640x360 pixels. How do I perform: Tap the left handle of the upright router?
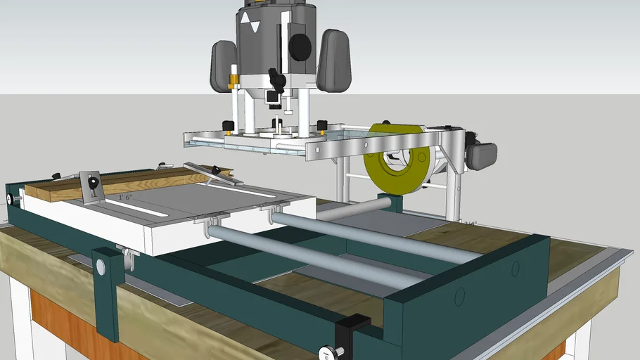click(x=224, y=65)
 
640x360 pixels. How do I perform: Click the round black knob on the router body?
click(x=300, y=47)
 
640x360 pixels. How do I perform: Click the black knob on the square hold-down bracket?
click(x=92, y=183)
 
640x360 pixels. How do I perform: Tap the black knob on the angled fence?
click(x=217, y=169)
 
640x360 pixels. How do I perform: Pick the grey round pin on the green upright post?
click(x=101, y=266)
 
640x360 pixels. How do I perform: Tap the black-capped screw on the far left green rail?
click(x=10, y=199)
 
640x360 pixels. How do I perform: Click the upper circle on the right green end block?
click(x=516, y=268)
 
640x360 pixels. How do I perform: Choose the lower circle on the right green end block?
click(x=460, y=296)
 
